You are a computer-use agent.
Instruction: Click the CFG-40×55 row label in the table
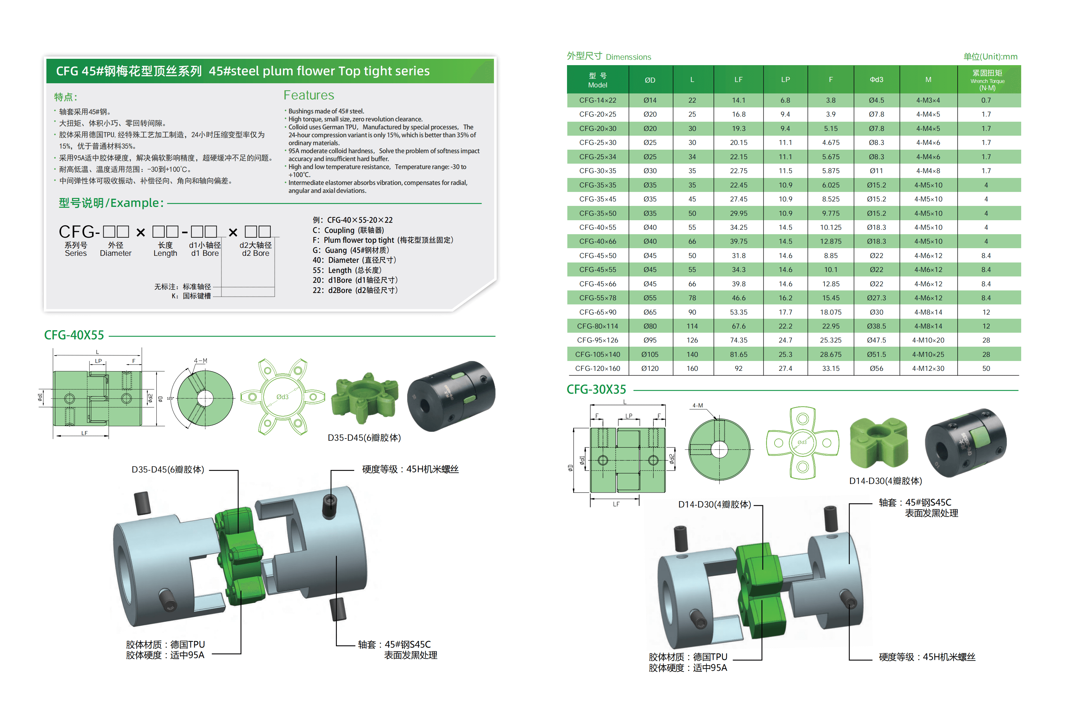coord(597,228)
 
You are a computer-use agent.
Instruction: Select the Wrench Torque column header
coord(987,80)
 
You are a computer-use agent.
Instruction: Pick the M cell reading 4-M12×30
coord(928,368)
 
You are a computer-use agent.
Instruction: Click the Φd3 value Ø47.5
coord(876,340)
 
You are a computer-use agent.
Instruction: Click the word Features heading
coord(309,95)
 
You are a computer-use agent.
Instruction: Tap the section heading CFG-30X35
coord(596,390)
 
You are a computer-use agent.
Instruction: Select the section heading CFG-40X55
coord(74,335)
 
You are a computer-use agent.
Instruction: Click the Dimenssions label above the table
coord(628,57)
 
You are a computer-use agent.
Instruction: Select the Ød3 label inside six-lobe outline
coord(282,397)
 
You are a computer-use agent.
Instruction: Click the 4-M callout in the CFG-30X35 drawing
coord(697,405)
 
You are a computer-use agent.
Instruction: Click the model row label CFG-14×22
coord(597,100)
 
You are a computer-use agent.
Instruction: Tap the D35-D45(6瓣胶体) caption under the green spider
coord(364,438)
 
